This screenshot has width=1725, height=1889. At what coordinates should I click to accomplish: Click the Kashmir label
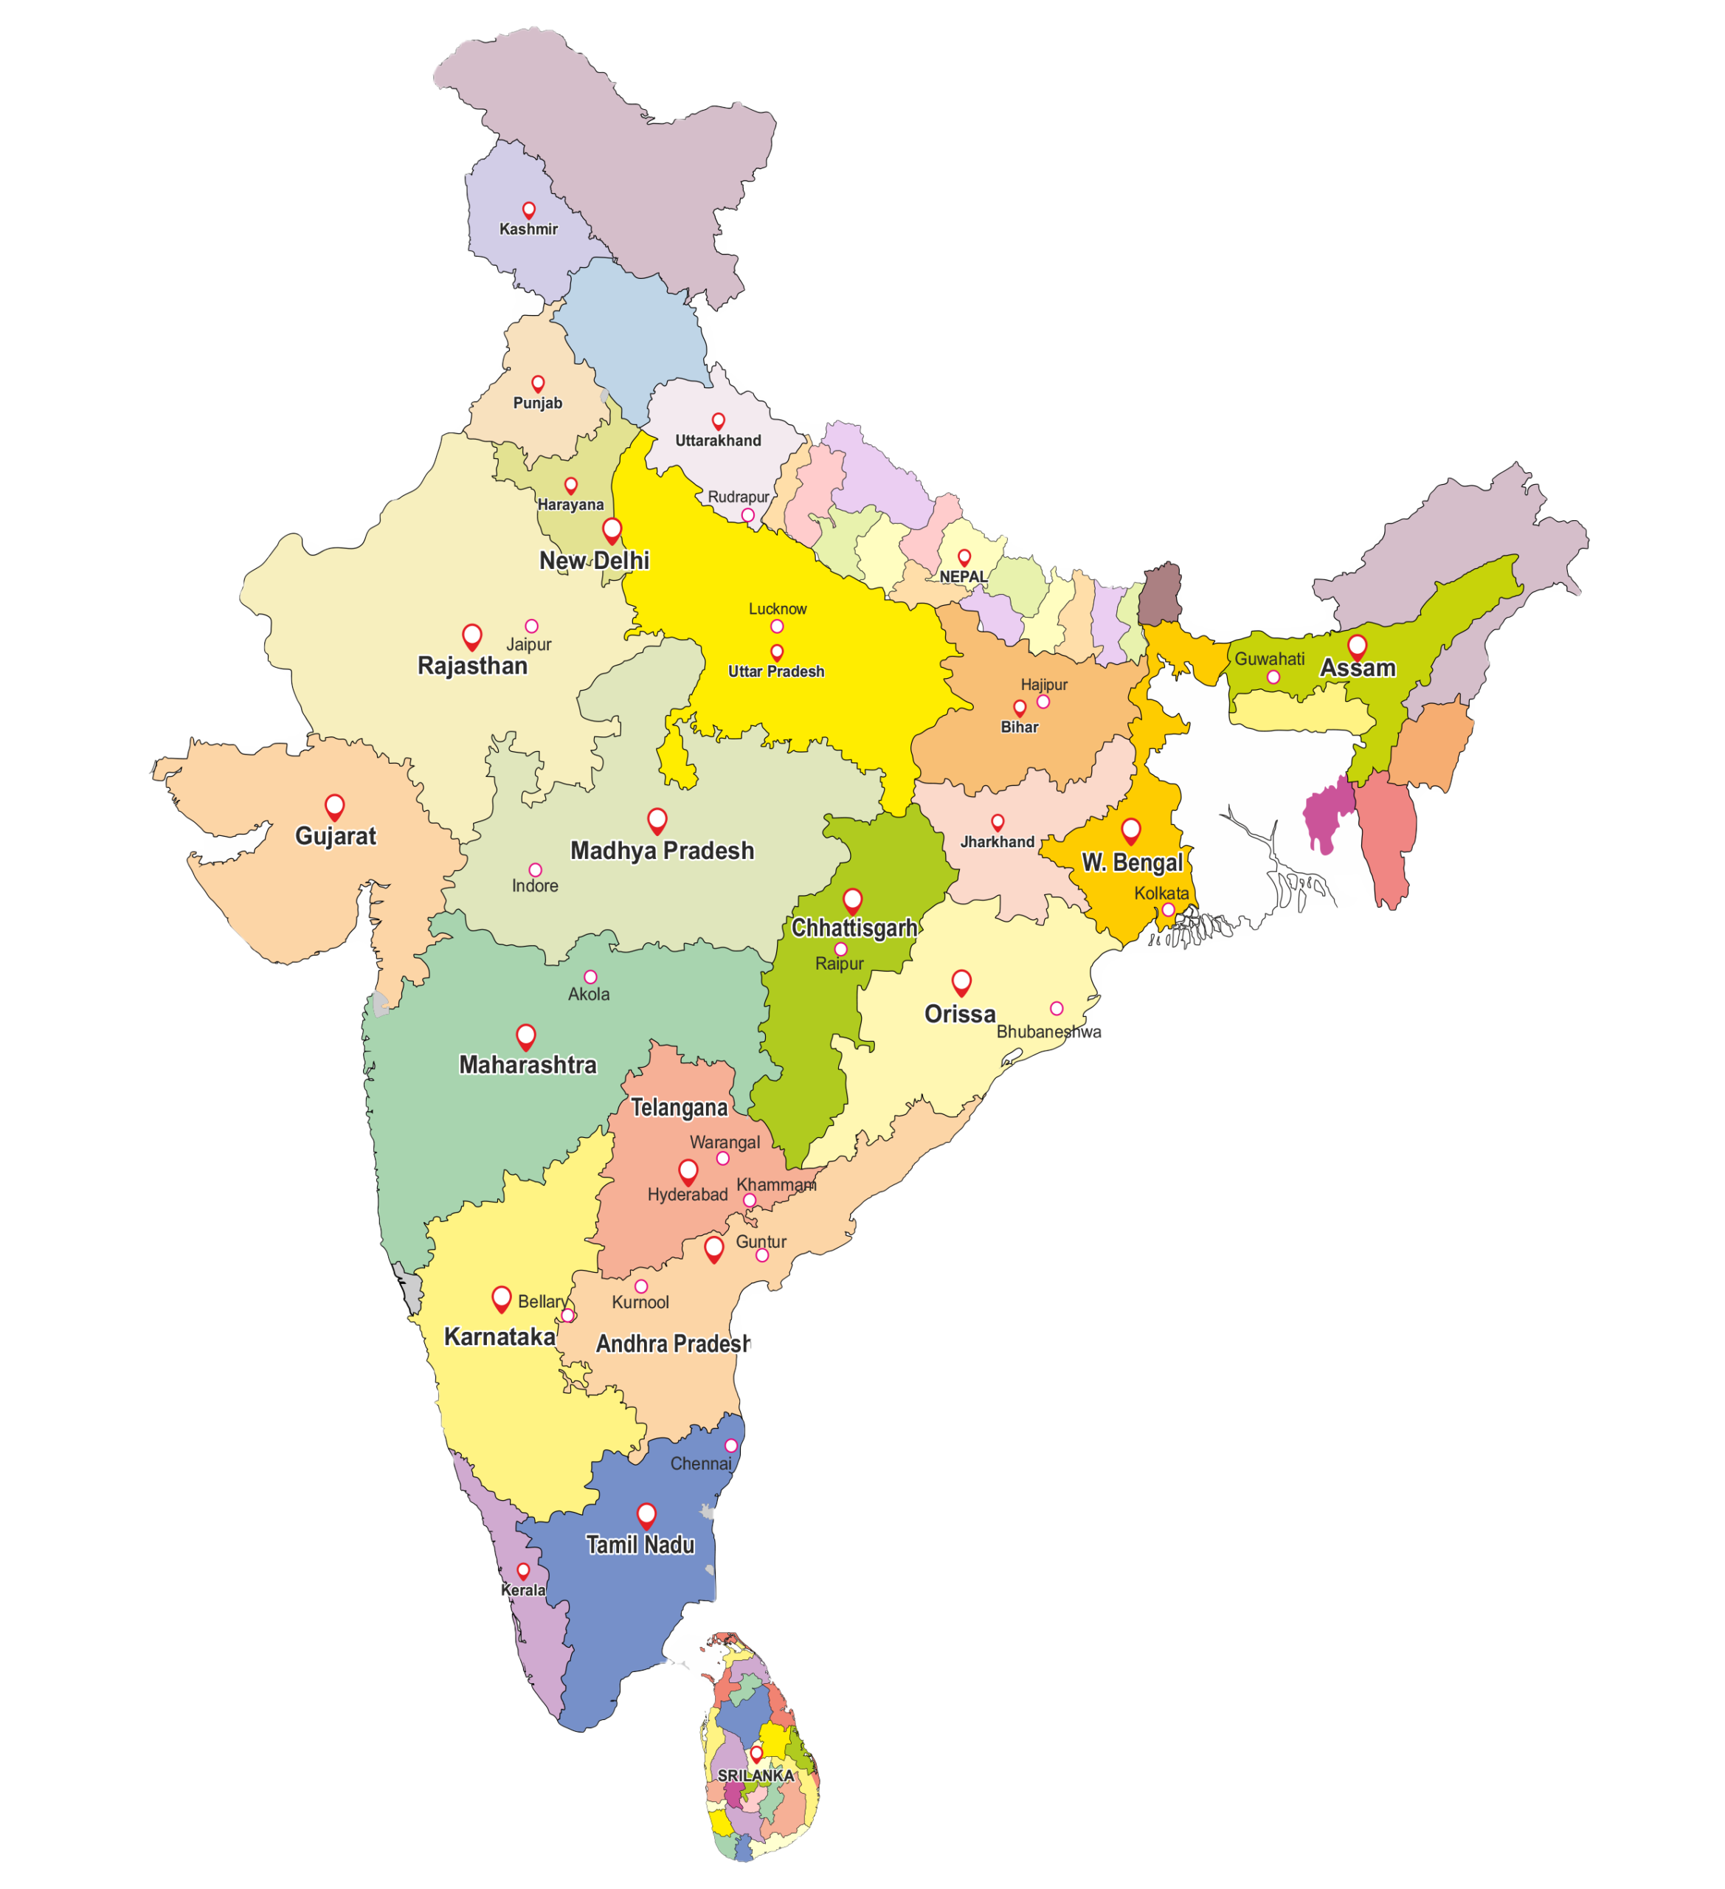click(528, 229)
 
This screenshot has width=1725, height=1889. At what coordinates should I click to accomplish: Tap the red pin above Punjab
click(538, 383)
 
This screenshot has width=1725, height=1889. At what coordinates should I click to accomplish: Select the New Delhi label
click(594, 560)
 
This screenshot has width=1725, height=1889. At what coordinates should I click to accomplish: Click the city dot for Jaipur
click(531, 626)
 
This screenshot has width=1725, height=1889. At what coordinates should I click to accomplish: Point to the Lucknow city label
click(777, 609)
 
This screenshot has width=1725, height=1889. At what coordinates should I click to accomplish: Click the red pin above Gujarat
click(334, 805)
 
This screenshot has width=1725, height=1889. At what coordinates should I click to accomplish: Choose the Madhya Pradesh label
click(662, 851)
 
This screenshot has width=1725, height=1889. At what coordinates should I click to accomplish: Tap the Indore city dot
click(535, 869)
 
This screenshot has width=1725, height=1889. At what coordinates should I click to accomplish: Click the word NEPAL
click(964, 577)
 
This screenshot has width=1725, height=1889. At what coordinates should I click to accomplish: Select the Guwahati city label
click(1269, 659)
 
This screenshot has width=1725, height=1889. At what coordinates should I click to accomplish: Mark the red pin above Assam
click(1357, 645)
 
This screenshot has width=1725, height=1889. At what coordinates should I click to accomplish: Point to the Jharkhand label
click(997, 841)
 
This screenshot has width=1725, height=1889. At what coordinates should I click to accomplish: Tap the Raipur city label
click(839, 963)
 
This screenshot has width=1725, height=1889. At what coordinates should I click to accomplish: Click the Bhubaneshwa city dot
click(1056, 1008)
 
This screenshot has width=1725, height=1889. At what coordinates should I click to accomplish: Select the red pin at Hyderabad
click(688, 1170)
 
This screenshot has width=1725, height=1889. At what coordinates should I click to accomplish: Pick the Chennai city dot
click(731, 1446)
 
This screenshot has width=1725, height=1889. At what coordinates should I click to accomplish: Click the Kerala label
click(523, 1590)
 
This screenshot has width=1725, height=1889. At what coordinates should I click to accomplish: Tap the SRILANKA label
click(756, 1775)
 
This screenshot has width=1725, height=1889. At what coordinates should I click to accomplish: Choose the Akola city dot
click(590, 977)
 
